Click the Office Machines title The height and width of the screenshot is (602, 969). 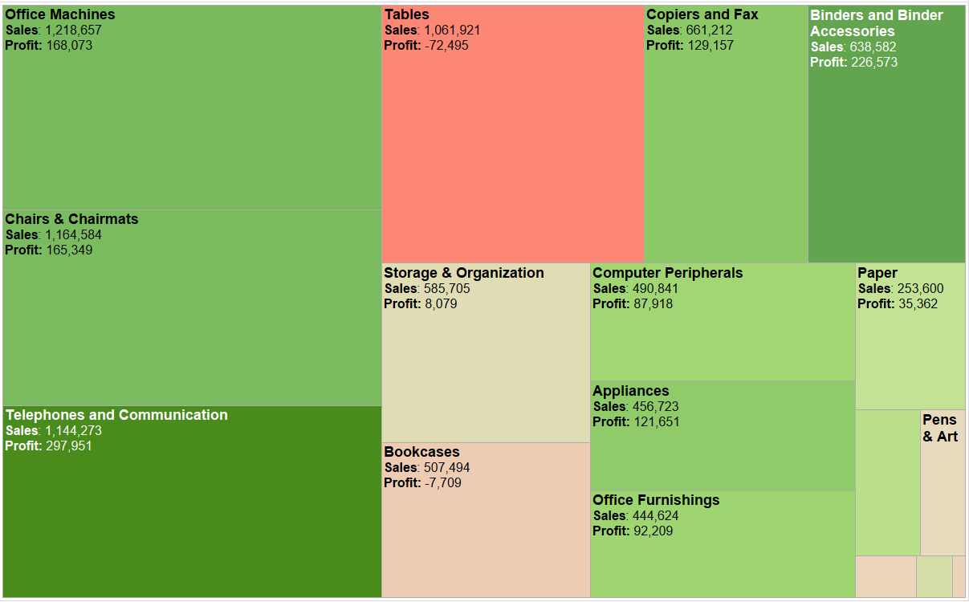tap(60, 14)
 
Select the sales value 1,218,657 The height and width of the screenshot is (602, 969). tap(73, 31)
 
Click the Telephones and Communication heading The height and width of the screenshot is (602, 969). tap(116, 415)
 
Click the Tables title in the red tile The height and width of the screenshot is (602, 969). tap(406, 14)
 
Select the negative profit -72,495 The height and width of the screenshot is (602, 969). tap(446, 46)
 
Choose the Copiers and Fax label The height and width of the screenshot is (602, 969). tap(702, 14)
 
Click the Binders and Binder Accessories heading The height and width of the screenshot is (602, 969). tap(876, 23)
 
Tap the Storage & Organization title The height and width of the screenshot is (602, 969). tap(463, 273)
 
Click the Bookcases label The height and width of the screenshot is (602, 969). tap(421, 452)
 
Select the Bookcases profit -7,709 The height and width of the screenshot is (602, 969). tap(442, 483)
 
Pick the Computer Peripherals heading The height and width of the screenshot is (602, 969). tap(667, 273)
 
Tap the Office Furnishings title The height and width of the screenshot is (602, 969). tap(656, 500)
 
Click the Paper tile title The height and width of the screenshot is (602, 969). tap(877, 273)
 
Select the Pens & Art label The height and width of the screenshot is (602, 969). tap(940, 429)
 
